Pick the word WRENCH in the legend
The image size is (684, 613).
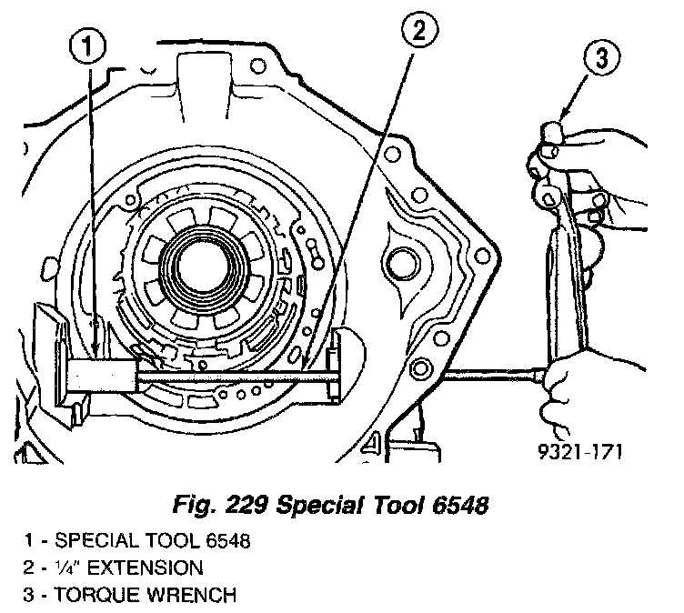pyautogui.click(x=196, y=596)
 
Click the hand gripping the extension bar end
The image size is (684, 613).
pyautogui.click(x=568, y=382)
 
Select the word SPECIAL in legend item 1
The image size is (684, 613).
pyautogui.click(x=89, y=541)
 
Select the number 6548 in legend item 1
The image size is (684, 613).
pyautogui.click(x=219, y=541)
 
